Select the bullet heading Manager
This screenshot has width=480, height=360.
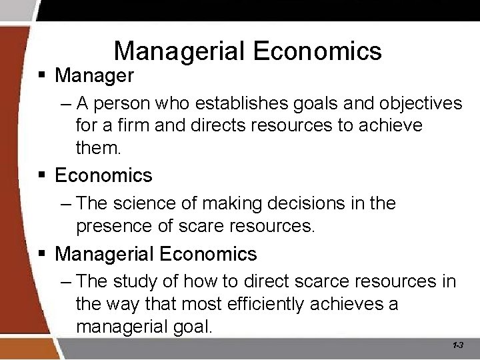click(x=94, y=75)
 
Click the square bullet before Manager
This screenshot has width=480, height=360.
click(x=42, y=75)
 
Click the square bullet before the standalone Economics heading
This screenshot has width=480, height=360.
click(x=42, y=176)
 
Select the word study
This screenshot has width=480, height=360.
click(x=151, y=281)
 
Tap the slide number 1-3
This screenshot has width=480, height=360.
click(x=458, y=345)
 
